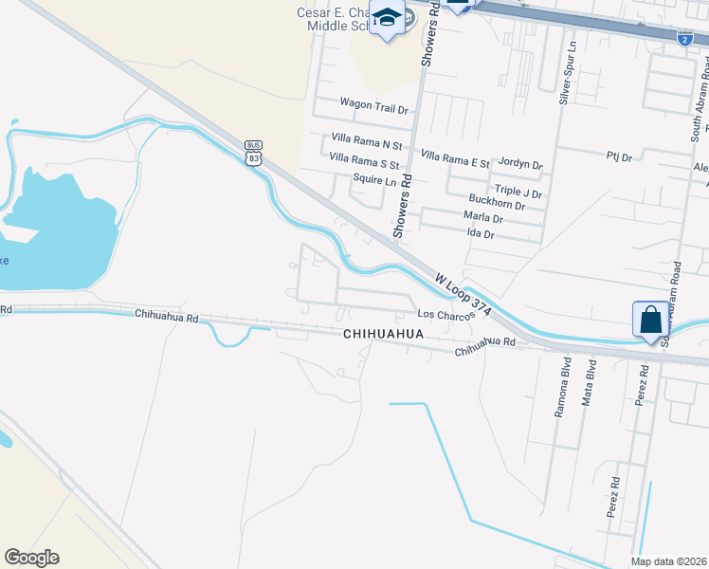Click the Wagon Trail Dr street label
[374, 109]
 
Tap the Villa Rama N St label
[367, 144]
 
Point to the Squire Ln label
[374, 179]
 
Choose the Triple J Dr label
[518, 193]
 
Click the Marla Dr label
[482, 217]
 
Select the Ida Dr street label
[482, 233]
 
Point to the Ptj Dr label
[619, 156]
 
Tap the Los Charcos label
[445, 315]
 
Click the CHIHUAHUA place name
[383, 335]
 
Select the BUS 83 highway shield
[252, 153]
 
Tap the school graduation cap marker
[388, 19]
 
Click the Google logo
[31, 558]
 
